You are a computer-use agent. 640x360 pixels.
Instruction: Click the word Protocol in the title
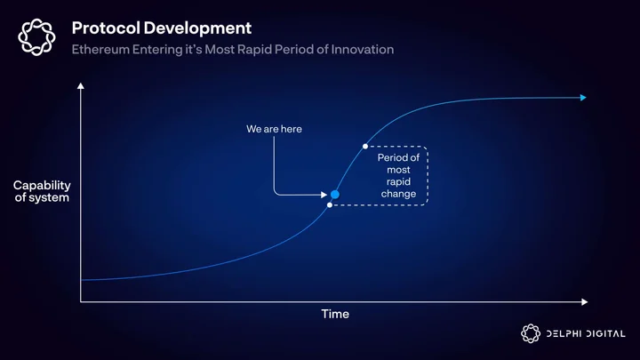tap(106, 28)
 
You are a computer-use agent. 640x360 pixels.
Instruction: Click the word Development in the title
tap(197, 29)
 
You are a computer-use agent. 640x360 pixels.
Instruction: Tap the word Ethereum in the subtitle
tap(100, 50)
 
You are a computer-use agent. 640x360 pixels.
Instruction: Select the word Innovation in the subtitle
tap(363, 50)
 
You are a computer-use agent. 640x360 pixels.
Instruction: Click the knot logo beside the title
tap(36, 36)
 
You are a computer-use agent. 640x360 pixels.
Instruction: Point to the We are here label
tap(275, 129)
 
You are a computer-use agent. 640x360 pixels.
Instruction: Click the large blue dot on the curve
tap(335, 195)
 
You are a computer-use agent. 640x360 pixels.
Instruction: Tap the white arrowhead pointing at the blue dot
tap(324, 195)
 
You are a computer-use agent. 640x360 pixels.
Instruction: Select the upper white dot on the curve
tap(365, 146)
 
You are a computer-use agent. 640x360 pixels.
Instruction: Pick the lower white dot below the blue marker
tap(330, 205)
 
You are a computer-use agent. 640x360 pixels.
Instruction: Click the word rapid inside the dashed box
tap(398, 181)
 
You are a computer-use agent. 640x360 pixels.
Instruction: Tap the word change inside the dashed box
tap(398, 194)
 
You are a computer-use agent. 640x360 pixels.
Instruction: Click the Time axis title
tap(335, 314)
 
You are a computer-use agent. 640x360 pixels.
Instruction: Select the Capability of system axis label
tap(42, 191)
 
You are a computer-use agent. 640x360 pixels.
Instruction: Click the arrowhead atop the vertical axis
tap(81, 85)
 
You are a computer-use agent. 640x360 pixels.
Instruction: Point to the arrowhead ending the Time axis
tap(585, 302)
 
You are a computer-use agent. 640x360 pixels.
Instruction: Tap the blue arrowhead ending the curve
tap(583, 98)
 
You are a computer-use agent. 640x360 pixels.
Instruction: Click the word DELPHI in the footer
tap(564, 334)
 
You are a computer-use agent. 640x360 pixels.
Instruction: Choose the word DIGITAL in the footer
tap(605, 334)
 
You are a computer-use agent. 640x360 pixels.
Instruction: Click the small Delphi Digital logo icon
tap(531, 333)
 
